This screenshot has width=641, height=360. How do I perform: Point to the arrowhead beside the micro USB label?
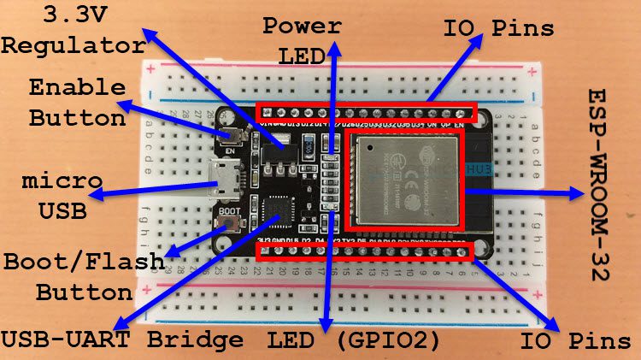(97, 196)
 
